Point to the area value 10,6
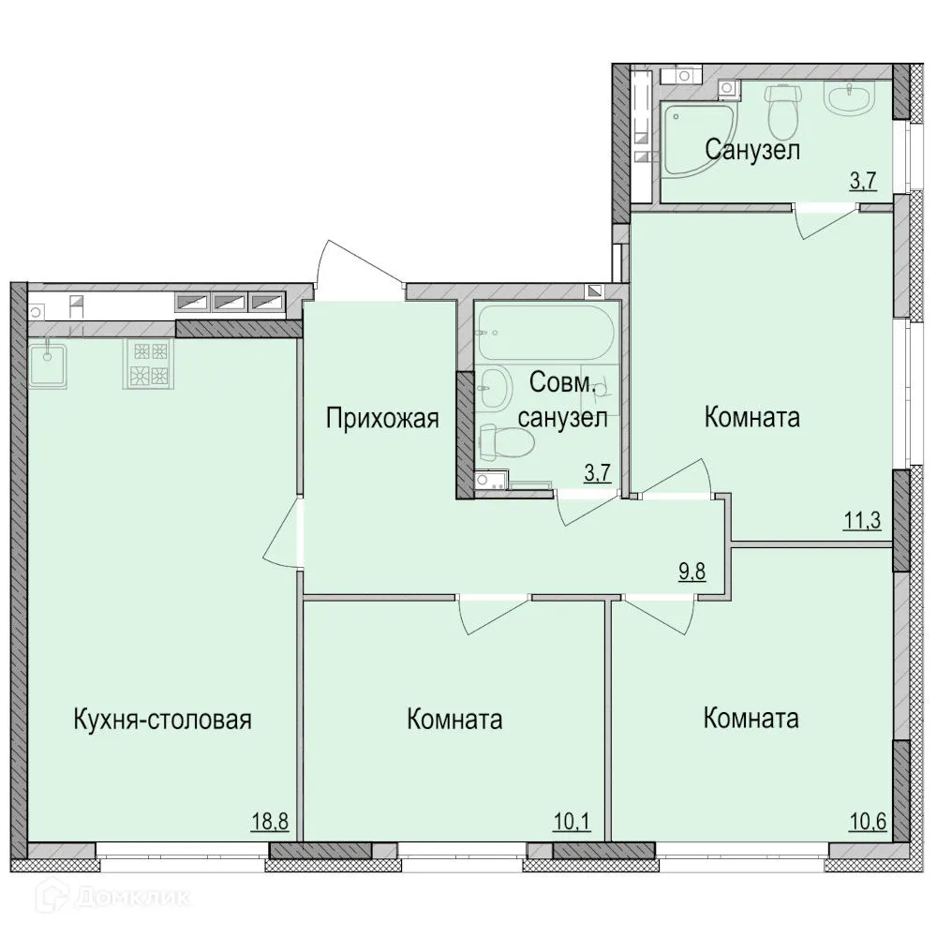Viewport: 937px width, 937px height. [866, 824]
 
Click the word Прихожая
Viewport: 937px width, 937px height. [382, 418]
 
